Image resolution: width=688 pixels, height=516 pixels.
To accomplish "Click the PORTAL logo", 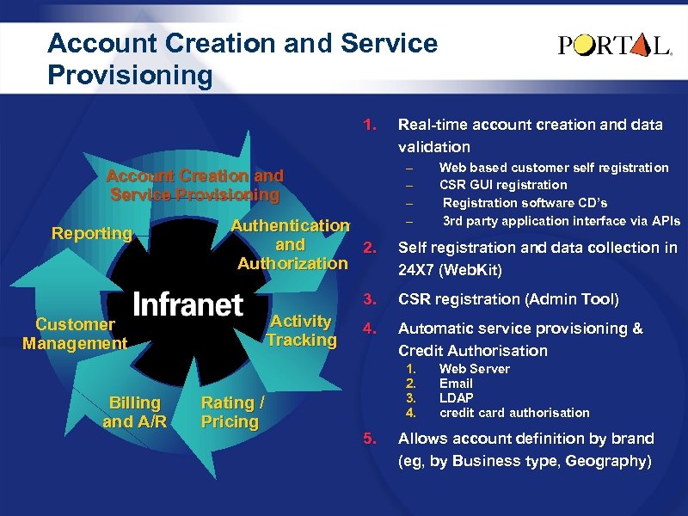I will (x=615, y=46).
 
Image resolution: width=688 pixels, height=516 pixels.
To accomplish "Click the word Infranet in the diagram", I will (x=188, y=304).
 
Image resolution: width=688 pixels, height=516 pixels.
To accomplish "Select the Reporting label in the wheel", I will (x=92, y=233).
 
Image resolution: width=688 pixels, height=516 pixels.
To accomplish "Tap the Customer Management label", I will (x=75, y=334).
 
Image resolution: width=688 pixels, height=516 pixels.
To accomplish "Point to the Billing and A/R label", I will (x=134, y=412).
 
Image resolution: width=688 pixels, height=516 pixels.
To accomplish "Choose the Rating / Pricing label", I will (x=231, y=412).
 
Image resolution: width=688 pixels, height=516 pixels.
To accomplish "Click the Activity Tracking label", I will (x=301, y=330).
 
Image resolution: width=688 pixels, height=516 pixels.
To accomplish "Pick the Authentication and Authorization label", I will (x=292, y=244).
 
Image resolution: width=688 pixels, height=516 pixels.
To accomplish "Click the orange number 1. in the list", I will (x=371, y=125).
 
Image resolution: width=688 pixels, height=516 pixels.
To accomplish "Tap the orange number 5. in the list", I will (x=371, y=439).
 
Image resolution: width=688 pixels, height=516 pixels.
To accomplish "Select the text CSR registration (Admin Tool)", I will (x=507, y=300).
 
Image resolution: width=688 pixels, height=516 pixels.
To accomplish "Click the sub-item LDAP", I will (x=457, y=398).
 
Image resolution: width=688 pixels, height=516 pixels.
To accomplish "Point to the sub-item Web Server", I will (x=474, y=369).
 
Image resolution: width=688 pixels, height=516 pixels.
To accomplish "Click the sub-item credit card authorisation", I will (x=514, y=413).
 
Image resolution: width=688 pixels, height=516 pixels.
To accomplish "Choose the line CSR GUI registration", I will (x=503, y=185).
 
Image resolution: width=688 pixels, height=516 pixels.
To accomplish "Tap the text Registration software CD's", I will (x=525, y=203).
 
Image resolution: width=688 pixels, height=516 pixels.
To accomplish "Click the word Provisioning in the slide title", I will (x=130, y=76).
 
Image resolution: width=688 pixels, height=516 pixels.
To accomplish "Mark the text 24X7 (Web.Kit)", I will (x=450, y=270).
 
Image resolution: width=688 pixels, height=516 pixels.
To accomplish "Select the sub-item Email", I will (x=456, y=384).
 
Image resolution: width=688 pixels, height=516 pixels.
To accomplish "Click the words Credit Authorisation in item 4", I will (x=472, y=351).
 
